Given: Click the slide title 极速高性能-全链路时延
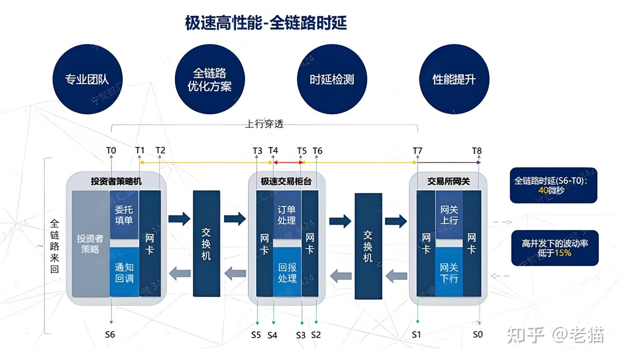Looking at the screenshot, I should (x=266, y=23).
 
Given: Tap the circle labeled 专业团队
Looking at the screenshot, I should (x=87, y=79).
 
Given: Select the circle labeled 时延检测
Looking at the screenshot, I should (x=332, y=79).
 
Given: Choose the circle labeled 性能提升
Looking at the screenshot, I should (x=454, y=79).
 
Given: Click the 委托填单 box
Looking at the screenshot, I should (x=124, y=214).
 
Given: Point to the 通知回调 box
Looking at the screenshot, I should (x=124, y=272).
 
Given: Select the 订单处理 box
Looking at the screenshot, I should (x=287, y=214).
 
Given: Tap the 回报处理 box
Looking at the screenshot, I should (x=287, y=272).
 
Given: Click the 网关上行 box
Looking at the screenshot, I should (x=449, y=214).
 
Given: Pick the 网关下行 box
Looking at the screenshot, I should (x=449, y=272).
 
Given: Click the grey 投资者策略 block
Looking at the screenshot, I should (x=90, y=244).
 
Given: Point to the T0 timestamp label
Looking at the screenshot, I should (x=111, y=150).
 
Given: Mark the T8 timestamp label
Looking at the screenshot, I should (x=477, y=151).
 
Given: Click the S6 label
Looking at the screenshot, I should (x=110, y=334).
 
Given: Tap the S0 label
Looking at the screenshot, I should (x=477, y=334).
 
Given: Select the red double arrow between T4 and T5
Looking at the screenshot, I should (x=288, y=162).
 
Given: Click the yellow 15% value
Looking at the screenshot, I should (x=563, y=253).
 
